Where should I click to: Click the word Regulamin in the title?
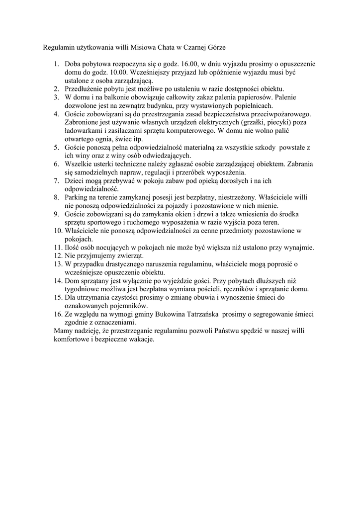coord(57,48)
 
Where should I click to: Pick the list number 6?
coord(56,164)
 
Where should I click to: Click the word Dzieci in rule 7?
coord(75,181)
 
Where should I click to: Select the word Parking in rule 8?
coord(77,197)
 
